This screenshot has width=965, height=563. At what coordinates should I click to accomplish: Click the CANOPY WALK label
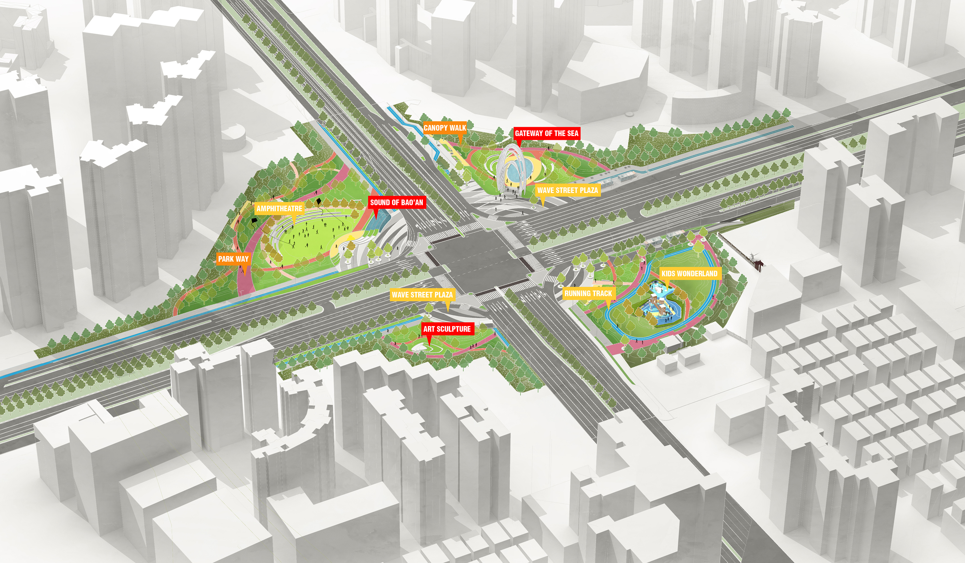[445, 128]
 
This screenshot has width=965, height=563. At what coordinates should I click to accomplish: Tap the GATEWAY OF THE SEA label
[546, 133]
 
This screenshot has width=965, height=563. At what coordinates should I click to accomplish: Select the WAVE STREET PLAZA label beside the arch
[567, 190]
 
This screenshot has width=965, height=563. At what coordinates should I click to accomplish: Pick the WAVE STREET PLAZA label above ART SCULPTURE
[422, 295]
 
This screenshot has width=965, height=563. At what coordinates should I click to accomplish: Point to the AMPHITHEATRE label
[279, 209]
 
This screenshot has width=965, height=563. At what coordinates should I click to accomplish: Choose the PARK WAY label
[233, 259]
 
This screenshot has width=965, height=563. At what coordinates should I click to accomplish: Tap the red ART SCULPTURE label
[447, 329]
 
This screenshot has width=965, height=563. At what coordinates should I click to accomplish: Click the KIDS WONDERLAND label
[689, 273]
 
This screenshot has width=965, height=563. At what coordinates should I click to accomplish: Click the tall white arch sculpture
[512, 169]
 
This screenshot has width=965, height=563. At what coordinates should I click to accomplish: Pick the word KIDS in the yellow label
[668, 273]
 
